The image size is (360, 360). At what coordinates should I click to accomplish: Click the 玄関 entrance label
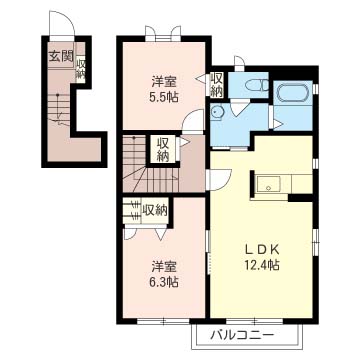(x=61, y=57)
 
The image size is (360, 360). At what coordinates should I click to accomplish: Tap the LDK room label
(x=262, y=250)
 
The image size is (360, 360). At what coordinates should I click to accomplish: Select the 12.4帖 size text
(x=262, y=265)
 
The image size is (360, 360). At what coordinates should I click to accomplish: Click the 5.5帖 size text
(x=165, y=97)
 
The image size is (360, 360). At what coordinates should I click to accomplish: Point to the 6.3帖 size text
(x=165, y=282)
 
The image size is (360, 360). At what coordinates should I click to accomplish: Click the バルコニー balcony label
(x=243, y=335)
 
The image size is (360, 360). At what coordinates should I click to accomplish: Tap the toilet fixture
(x=256, y=85)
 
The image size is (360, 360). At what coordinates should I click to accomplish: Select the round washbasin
(x=218, y=111)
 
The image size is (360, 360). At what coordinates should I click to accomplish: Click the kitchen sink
(x=268, y=184)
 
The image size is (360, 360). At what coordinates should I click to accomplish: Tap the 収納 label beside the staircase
(x=163, y=149)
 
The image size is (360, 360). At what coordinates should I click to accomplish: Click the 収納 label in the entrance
(x=80, y=69)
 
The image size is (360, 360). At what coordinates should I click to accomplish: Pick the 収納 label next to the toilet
(x=217, y=84)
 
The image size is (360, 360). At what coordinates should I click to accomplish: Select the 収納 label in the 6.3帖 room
(x=154, y=210)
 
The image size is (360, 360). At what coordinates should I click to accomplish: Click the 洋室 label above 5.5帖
(x=165, y=81)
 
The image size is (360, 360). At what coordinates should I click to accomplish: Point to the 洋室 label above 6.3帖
(x=165, y=267)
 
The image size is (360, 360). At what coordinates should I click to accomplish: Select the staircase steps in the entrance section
(x=59, y=108)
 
